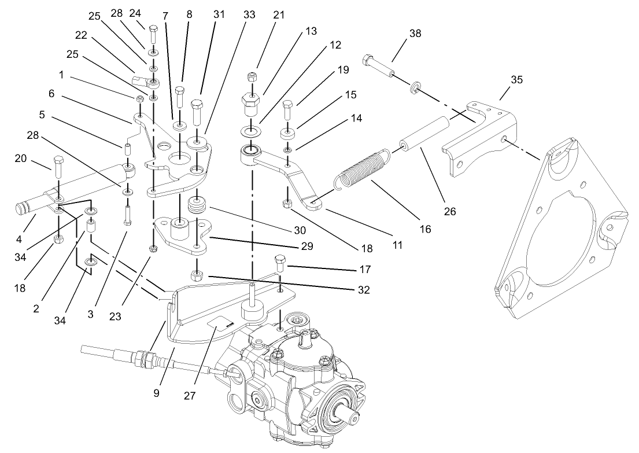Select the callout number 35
pyautogui.click(x=516, y=80)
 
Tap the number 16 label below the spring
pyautogui.click(x=425, y=229)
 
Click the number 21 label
pyautogui.click(x=279, y=15)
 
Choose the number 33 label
pyautogui.click(x=249, y=15)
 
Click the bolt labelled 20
pyautogui.click(x=58, y=170)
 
